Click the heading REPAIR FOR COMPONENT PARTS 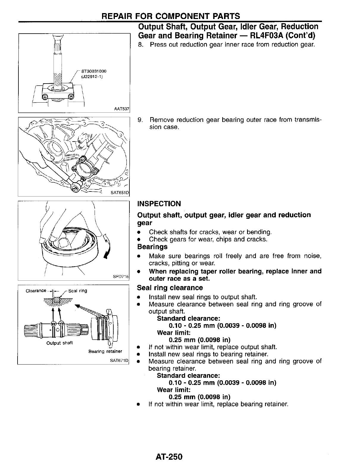pos(170,16)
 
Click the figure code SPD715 pos(120,277)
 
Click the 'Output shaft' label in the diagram pos(60,343)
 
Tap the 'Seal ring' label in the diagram pos(78,291)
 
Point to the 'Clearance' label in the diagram pos(36,291)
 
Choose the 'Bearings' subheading pos(152,247)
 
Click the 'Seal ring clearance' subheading pos(170,288)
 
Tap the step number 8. pos(141,45)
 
